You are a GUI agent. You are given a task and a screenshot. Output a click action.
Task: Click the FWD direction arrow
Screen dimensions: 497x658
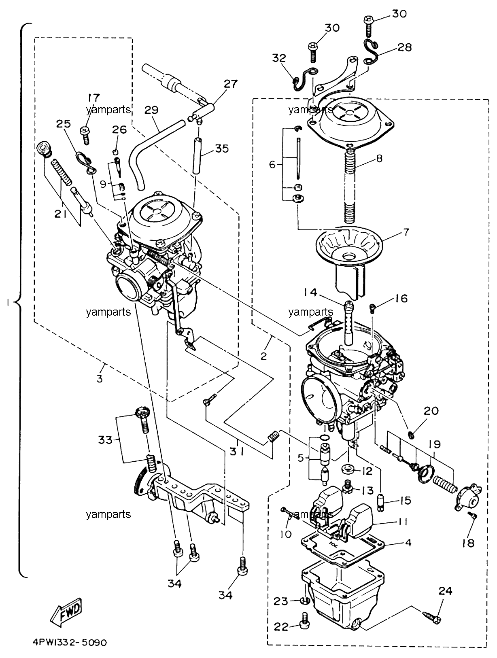(66, 611)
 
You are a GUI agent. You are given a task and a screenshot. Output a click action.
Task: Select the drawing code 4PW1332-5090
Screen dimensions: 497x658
(70, 643)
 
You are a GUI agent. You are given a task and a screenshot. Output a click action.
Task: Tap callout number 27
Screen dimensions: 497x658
(230, 84)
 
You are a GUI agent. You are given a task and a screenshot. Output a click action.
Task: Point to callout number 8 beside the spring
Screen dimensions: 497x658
(380, 158)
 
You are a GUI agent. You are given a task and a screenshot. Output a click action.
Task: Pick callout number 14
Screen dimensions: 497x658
(310, 293)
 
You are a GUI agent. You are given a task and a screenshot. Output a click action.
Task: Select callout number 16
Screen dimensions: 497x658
(401, 299)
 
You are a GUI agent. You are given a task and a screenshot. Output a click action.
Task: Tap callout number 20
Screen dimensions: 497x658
(431, 411)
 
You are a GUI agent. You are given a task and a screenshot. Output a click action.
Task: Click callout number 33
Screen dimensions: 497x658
(105, 440)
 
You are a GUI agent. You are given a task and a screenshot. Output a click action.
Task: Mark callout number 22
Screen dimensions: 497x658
(281, 627)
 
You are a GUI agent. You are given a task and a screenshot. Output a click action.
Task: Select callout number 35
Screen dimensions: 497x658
(222, 149)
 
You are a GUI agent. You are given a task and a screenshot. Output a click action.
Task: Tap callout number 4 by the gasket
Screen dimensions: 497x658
(408, 543)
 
